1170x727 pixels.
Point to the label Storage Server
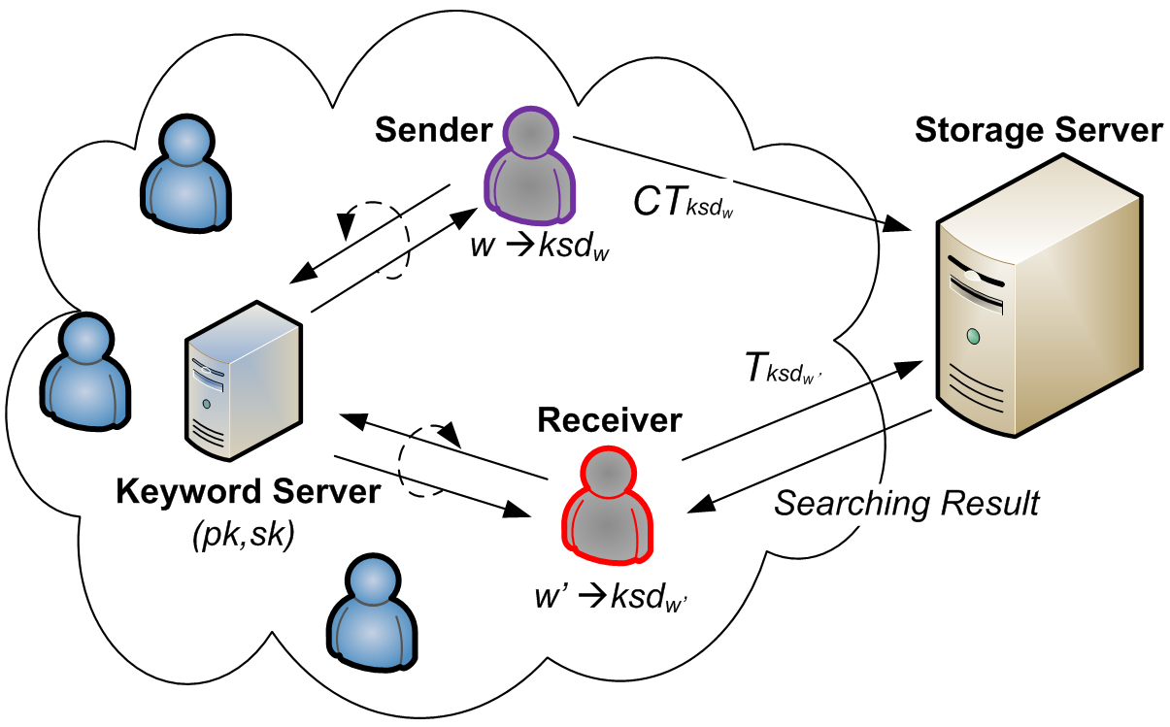[x=1038, y=130]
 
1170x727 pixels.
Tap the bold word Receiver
[x=610, y=420]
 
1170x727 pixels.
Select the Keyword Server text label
[x=248, y=492]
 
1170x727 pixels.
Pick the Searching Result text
[x=907, y=503]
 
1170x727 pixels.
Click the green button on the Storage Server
[x=972, y=337]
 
